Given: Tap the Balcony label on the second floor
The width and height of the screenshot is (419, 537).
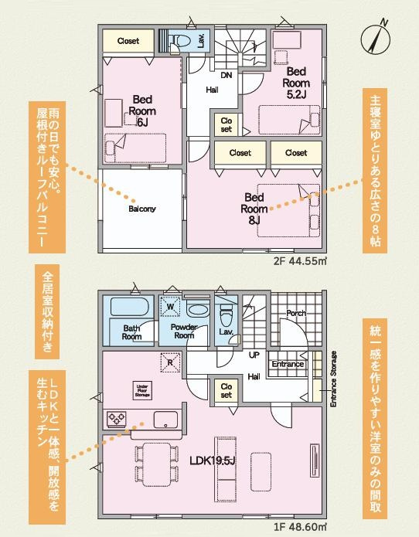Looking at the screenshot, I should tap(142, 209).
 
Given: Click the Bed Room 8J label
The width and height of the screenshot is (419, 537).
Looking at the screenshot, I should tap(254, 208).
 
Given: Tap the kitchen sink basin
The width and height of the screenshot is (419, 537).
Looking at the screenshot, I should tap(166, 419).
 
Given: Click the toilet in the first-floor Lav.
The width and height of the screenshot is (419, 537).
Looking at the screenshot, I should tap(227, 315).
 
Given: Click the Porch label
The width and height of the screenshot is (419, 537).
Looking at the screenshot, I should tap(296, 313).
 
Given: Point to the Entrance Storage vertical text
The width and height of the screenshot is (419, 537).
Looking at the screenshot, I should tap(334, 379).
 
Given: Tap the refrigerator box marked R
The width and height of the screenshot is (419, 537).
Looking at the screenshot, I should tap(170, 359).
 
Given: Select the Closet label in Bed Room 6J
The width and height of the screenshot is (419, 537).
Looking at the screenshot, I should tap(128, 40).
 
